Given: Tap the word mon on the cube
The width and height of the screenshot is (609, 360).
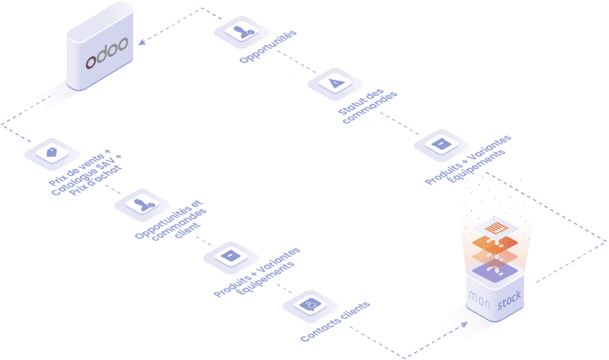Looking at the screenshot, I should tap(480, 297).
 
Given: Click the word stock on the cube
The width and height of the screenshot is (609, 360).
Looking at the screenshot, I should tap(509, 304).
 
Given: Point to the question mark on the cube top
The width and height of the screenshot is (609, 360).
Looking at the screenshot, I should tap(496, 268).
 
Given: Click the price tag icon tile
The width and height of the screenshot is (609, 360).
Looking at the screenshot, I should tap(52, 151).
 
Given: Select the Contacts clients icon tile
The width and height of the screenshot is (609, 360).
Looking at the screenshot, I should tap(310, 305).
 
